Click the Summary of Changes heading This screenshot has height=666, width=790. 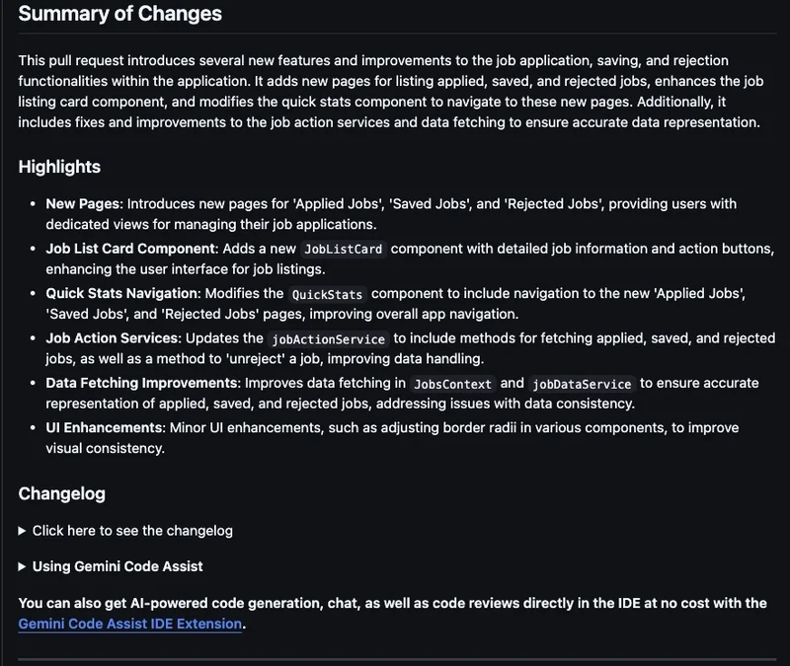click(119, 15)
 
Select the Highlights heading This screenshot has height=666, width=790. click(59, 167)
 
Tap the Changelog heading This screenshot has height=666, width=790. click(61, 493)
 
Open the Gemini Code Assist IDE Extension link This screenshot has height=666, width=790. click(130, 624)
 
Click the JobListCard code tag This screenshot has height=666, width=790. click(343, 250)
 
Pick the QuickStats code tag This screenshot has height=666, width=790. click(328, 295)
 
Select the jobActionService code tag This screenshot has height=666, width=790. click(328, 339)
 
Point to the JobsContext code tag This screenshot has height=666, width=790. click(451, 384)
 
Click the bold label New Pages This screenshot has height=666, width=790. click(83, 204)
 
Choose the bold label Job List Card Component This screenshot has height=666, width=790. click(129, 249)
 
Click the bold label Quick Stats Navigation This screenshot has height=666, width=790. click(122, 294)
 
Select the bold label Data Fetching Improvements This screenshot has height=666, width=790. click(141, 383)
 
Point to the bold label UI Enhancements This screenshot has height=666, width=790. click(103, 428)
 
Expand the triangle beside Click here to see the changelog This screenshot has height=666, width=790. click(23, 531)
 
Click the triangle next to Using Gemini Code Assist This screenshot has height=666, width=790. click(23, 567)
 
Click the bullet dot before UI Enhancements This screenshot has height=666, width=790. click(33, 428)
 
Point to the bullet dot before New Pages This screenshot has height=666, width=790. click(33, 204)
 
